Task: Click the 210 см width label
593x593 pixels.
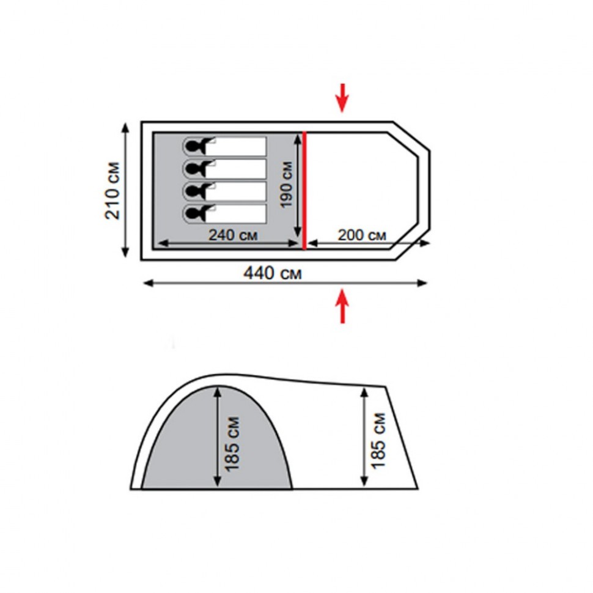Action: [x=112, y=191]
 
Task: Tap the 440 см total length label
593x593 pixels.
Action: [x=273, y=273]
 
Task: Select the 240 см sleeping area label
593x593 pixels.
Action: [x=233, y=235]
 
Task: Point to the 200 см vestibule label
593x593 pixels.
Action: [x=362, y=235]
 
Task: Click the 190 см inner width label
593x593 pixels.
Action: [x=286, y=185]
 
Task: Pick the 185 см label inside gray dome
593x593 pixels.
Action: [x=232, y=444]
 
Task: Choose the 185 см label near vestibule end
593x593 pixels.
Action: [x=378, y=441]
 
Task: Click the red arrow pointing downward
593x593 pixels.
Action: [x=342, y=98]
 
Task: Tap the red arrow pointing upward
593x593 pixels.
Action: [x=342, y=306]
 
